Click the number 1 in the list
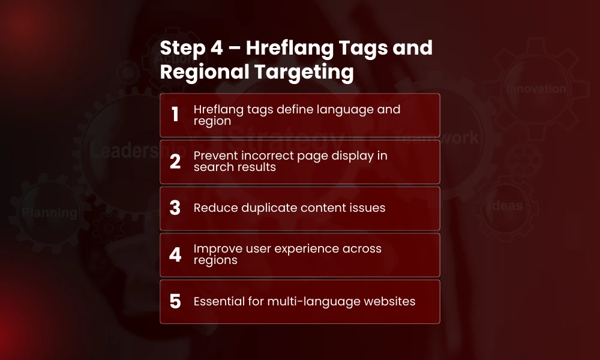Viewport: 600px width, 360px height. point(175,115)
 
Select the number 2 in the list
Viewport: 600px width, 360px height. point(175,161)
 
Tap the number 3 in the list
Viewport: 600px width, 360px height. point(175,208)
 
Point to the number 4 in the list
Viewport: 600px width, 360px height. point(175,255)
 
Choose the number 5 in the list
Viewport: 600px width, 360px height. point(175,301)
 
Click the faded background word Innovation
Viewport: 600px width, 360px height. point(536,89)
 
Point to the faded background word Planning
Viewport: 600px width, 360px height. point(49,212)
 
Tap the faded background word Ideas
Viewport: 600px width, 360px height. point(507,206)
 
